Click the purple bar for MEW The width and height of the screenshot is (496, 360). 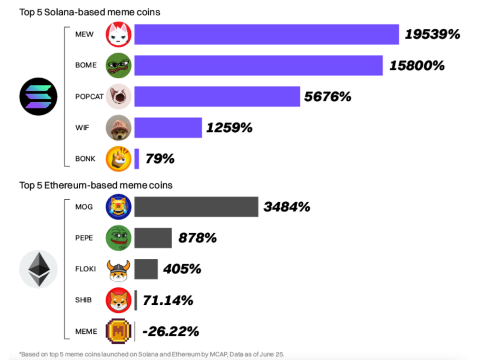point(266,34)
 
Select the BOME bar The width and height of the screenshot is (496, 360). point(258,65)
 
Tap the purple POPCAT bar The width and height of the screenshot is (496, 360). point(217,97)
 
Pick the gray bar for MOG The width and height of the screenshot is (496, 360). point(196,207)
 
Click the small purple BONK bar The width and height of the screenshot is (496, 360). point(136,159)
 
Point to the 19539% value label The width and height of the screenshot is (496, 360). point(432,34)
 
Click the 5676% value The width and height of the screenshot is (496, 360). point(328,97)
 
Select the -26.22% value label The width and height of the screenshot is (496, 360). point(171,331)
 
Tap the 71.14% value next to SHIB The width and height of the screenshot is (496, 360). point(168,300)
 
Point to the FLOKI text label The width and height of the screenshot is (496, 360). point(86,269)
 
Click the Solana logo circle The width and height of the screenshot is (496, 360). point(38,96)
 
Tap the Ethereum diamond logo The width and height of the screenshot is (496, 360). point(38,269)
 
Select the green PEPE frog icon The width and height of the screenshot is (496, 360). point(118,238)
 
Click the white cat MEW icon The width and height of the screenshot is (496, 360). point(118,35)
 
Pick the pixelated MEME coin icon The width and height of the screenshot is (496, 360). point(118,331)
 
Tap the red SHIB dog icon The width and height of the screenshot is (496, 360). point(118,300)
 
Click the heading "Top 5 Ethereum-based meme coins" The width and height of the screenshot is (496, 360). point(96,185)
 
